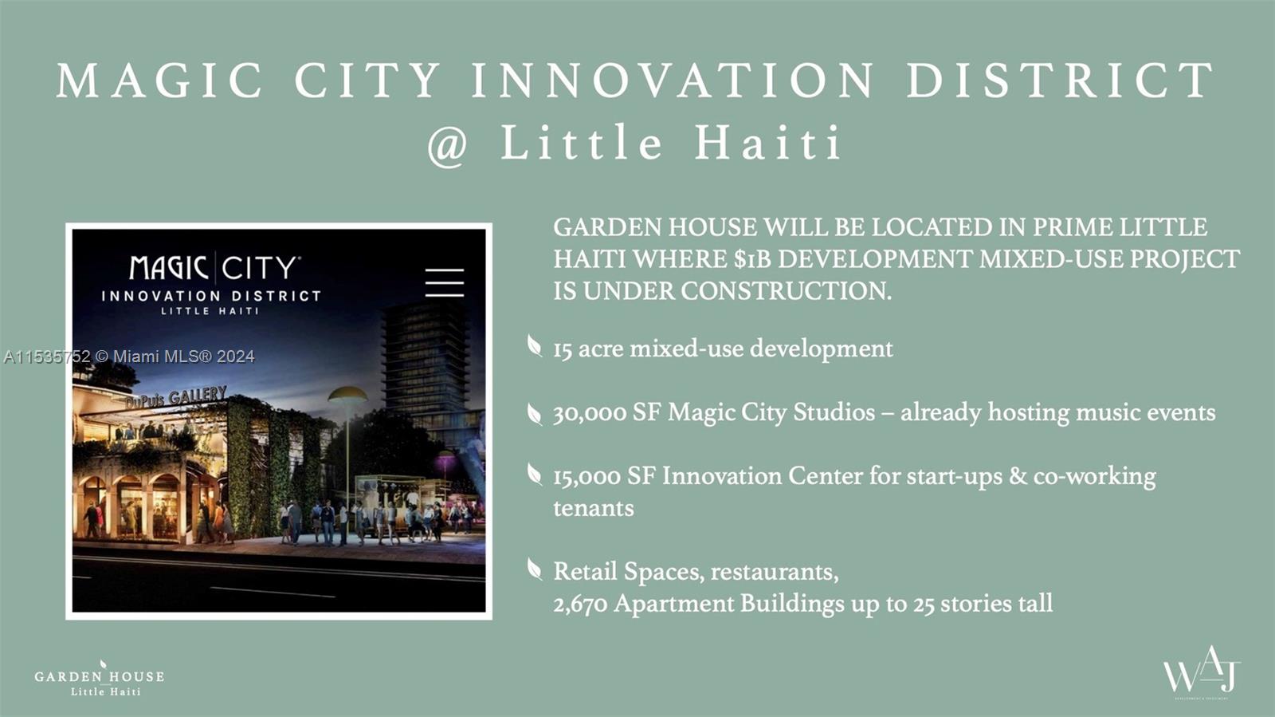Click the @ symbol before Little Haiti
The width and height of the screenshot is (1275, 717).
448,145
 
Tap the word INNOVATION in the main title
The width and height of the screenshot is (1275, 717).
673,81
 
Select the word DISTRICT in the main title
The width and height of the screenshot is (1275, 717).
1060,81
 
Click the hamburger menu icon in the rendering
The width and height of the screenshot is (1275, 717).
445,282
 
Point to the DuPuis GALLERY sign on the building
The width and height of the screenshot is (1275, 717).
176,397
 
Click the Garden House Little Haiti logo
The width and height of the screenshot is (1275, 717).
99,680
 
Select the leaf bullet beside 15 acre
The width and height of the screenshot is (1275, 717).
534,345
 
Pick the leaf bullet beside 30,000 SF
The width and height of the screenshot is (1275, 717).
534,414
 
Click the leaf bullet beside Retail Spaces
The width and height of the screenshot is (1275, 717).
534,569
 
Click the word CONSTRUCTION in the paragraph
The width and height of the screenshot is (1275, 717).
786,291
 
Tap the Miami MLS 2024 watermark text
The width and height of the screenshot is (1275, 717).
129,357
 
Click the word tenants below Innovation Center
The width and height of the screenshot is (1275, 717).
594,508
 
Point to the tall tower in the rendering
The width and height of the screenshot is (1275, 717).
424,364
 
